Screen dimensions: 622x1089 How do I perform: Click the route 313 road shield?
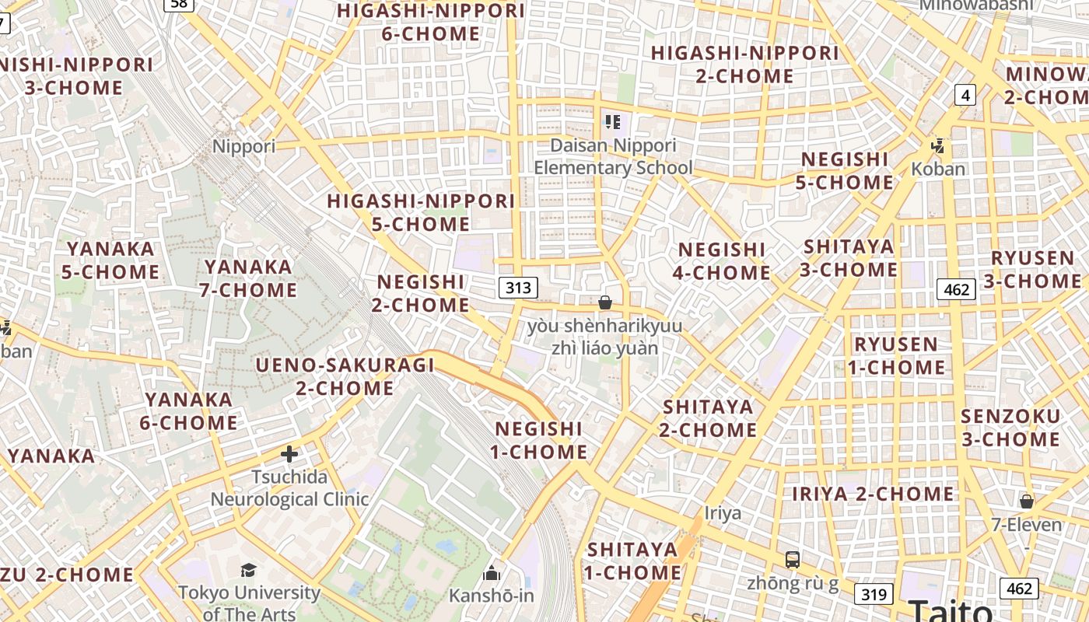518,288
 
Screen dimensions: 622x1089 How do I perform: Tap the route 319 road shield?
874,595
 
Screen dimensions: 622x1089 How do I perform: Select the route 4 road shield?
965,96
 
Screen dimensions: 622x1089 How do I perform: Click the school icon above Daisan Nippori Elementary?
613,122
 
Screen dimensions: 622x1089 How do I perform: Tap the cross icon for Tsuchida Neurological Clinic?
289,453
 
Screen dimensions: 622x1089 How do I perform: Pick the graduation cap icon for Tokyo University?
248,571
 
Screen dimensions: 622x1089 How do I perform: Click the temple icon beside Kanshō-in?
492,574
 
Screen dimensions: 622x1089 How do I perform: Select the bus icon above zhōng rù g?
793,559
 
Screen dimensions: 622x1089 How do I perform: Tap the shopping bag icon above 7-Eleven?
1027,501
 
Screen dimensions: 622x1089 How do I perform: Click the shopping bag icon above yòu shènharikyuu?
605,302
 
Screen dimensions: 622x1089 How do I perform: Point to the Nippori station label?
244,146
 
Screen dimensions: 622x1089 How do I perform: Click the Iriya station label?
723,513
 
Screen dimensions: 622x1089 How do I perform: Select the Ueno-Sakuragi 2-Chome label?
345,376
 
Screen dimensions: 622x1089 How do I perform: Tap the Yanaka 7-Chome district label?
249,278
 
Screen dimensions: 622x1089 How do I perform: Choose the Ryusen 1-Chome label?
896,355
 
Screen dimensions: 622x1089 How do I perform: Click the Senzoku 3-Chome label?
1010,428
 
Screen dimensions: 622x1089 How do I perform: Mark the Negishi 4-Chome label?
723,261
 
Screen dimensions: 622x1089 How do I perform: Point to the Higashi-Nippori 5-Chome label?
421,212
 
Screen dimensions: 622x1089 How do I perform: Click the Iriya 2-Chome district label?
873,494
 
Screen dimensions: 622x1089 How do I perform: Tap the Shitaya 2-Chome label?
708,418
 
